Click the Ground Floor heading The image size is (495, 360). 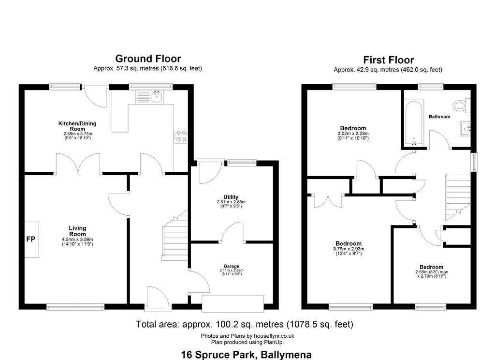pyautogui.click(x=148, y=59)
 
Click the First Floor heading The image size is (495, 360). pyautogui.click(x=388, y=60)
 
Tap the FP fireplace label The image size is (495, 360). pyautogui.click(x=30, y=239)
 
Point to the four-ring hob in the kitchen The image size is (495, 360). pyautogui.click(x=181, y=136)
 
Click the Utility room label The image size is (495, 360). pyautogui.click(x=231, y=197)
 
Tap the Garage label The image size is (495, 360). pyautogui.click(x=232, y=266)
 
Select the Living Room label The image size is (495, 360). pyautogui.click(x=77, y=231)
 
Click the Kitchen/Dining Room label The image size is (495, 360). pyautogui.click(x=77, y=126)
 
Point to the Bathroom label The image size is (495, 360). pyautogui.click(x=439, y=117)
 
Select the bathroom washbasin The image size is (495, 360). pyautogui.click(x=465, y=129)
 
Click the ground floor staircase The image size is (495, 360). pyautogui.click(x=175, y=236)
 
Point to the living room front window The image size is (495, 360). pyautogui.click(x=75, y=307)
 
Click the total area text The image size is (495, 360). pyautogui.click(x=244, y=324)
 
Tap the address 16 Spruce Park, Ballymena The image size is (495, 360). pyautogui.click(x=246, y=355)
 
